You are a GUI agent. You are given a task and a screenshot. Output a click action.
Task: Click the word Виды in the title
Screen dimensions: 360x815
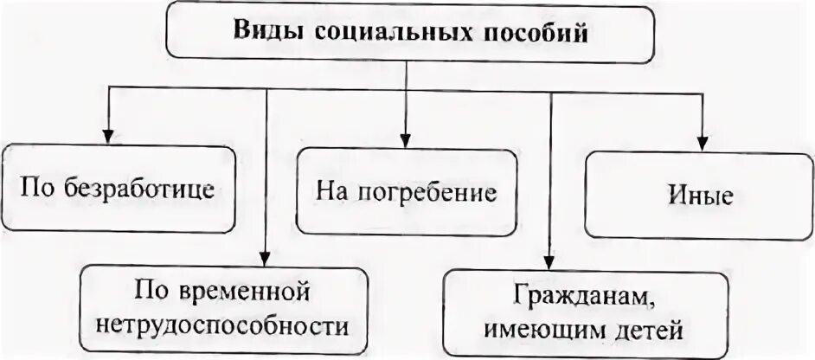coord(260,35)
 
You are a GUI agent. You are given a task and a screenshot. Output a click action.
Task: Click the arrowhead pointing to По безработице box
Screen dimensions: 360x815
coord(107,135)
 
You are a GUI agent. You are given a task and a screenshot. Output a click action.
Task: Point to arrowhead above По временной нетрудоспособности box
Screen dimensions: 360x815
coord(266,255)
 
